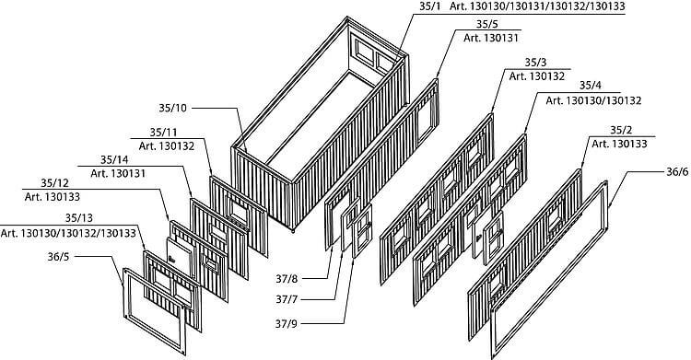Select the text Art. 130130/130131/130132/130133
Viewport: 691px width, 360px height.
click(543, 8)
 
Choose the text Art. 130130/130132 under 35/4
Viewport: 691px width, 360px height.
click(593, 99)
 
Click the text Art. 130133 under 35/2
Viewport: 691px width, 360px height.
click(619, 145)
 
